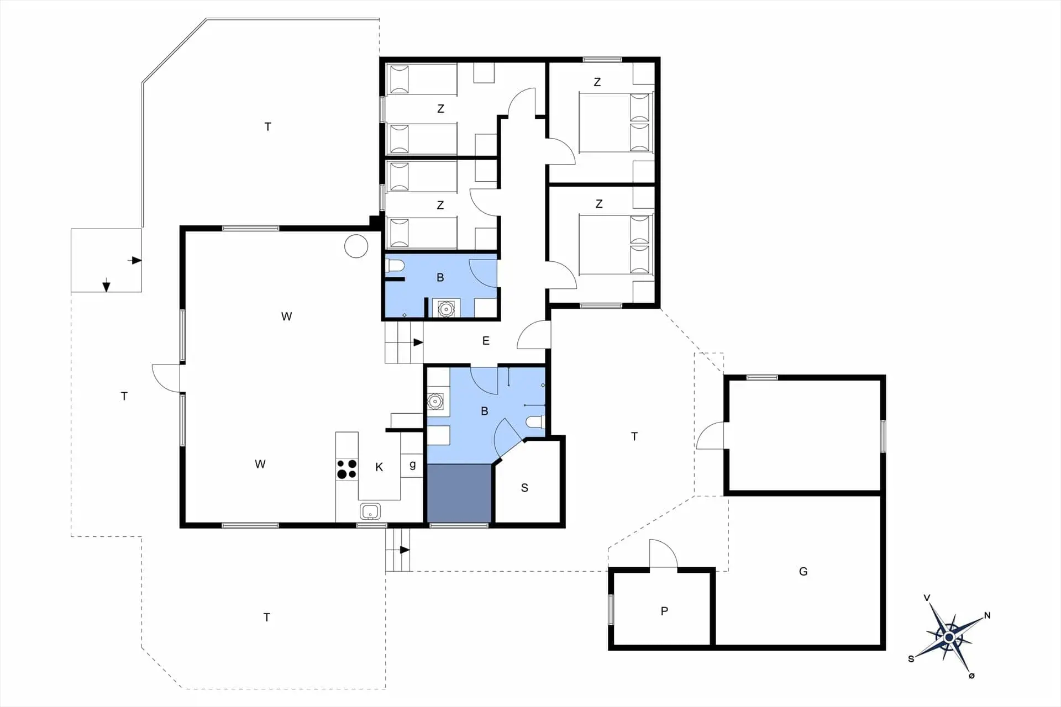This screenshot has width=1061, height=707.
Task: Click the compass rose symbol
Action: coord(949,637)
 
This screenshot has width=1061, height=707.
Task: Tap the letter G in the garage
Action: coord(803,572)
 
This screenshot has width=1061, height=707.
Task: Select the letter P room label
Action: coord(664,611)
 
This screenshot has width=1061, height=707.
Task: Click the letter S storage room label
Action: coord(524,488)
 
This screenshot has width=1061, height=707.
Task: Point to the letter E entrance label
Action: coord(486,341)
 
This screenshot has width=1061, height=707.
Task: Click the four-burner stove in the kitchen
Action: coord(346,469)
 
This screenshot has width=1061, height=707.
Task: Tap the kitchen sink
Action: coord(370,511)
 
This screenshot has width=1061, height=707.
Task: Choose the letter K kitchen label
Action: coord(379,467)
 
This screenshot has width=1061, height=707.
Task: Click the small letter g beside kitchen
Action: coord(412,465)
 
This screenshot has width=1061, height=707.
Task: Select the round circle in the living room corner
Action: coord(356,246)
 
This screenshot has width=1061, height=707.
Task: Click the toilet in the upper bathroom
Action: coord(395,267)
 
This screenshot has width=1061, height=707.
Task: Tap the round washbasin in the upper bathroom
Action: coord(445,309)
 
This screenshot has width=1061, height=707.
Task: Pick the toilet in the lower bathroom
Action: coord(534,423)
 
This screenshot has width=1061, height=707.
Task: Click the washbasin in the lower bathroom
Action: coord(435,401)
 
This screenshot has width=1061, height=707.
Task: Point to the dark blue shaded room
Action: coord(459,493)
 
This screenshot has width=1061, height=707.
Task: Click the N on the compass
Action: coord(987,615)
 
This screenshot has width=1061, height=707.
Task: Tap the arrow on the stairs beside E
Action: coord(418,342)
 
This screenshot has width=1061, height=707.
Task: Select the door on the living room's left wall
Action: coord(166,378)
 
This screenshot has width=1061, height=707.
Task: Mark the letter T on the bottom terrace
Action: coord(266,618)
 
